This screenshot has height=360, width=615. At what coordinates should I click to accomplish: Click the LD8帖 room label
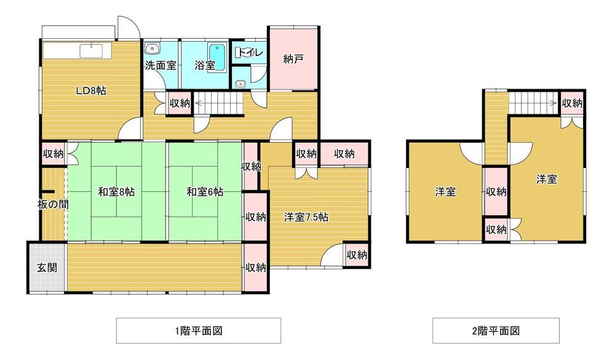click(x=91, y=91)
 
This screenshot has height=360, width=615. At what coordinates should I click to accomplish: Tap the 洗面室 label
click(x=160, y=65)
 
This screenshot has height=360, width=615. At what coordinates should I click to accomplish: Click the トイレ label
click(x=250, y=53)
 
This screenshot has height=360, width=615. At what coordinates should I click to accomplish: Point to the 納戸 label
click(x=293, y=59)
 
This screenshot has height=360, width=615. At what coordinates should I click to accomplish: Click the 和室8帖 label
click(x=116, y=192)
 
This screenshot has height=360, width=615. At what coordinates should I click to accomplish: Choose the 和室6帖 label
click(x=205, y=192)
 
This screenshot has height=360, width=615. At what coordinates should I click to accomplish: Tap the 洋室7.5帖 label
click(x=306, y=217)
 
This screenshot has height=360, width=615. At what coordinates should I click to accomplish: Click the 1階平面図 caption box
click(x=198, y=330)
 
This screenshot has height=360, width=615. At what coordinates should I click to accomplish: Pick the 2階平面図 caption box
click(x=496, y=330)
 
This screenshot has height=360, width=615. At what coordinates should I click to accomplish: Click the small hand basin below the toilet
click(x=241, y=84)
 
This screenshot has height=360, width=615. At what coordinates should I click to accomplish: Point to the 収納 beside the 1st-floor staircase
click(x=180, y=103)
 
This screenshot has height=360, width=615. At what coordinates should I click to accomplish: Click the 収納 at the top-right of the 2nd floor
click(x=572, y=103)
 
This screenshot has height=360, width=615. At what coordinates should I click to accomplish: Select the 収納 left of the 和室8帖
click(x=53, y=154)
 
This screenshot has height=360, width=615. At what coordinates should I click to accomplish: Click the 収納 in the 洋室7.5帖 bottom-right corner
click(x=357, y=254)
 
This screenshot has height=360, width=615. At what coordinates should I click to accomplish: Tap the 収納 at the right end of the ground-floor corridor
click(x=255, y=267)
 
